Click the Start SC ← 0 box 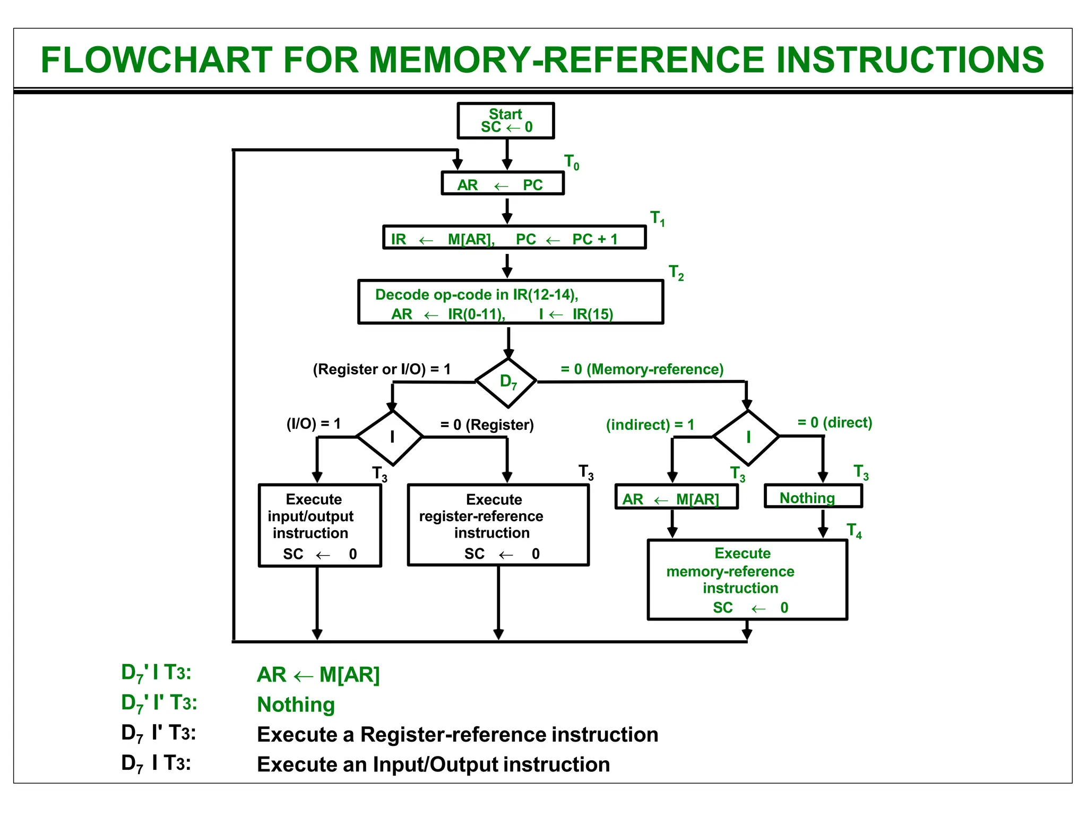[505, 121]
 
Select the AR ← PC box [502, 184]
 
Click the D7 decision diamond [507, 382]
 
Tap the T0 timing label [572, 162]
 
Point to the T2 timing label [676, 273]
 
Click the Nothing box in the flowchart [813, 497]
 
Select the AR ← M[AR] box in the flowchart [676, 498]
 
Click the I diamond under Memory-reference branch [747, 437]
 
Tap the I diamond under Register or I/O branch [391, 437]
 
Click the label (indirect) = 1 [650, 425]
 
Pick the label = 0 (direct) [834, 423]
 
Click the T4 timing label [853, 531]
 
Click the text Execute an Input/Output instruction [433, 764]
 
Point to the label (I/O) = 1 [313, 424]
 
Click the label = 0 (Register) [487, 425]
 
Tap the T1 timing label [657, 218]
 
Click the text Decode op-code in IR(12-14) [476, 295]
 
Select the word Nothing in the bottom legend [296, 705]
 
